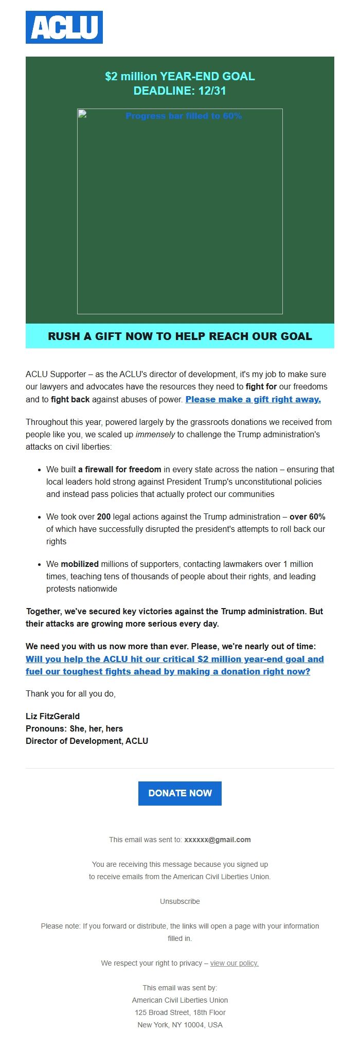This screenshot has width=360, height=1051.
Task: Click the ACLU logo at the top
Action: click(64, 27)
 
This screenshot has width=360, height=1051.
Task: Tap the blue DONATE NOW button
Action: click(180, 793)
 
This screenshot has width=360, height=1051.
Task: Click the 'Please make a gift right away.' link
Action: click(253, 399)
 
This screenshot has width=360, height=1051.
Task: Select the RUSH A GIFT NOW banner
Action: click(180, 336)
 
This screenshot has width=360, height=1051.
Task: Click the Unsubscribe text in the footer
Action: click(180, 901)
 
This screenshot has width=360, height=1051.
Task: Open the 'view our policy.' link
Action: click(234, 963)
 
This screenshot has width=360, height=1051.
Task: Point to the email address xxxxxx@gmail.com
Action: click(218, 840)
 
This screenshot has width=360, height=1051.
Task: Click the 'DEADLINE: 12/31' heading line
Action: click(180, 91)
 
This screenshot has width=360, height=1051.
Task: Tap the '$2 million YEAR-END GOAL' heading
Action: click(180, 76)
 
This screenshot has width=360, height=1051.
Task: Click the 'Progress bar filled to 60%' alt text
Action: click(184, 116)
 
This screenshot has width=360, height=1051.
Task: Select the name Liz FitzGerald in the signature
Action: click(52, 716)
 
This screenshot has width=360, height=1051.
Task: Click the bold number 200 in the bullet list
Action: click(104, 516)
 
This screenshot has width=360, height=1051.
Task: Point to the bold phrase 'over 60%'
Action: click(308, 516)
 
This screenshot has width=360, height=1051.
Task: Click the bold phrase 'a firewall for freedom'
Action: click(120, 469)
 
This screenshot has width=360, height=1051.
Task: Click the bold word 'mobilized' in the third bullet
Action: click(80, 564)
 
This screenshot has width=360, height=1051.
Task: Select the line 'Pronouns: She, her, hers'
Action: click(74, 728)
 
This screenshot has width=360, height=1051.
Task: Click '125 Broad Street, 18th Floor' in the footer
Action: click(180, 1012)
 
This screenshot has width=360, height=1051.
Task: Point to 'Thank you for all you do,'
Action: click(70, 693)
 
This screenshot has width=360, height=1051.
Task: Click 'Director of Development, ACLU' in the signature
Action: click(87, 741)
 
